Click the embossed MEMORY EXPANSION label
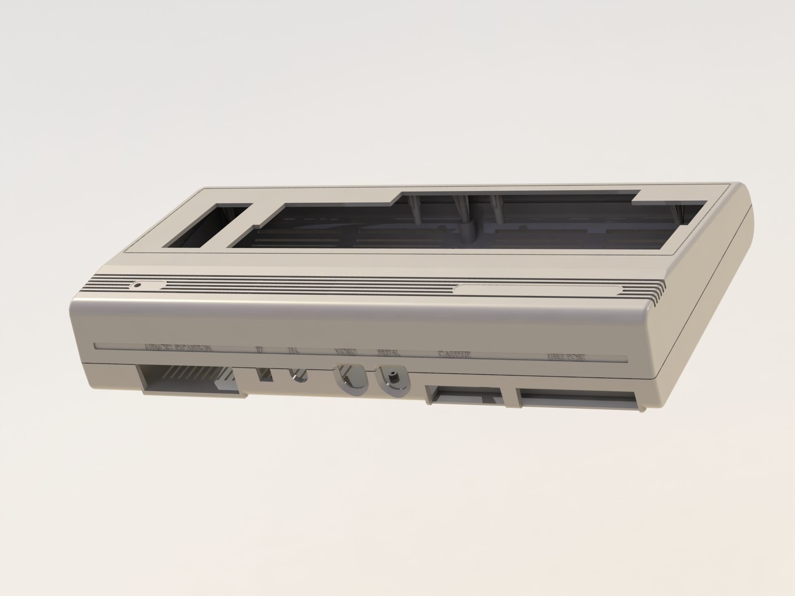pyautogui.click(x=178, y=348)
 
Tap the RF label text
pyautogui.click(x=260, y=350)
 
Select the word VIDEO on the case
pyautogui.click(x=345, y=352)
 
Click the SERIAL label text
pyautogui.click(x=388, y=353)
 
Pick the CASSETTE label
pyautogui.click(x=454, y=355)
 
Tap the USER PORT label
pyautogui.click(x=566, y=357)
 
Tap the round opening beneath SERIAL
pyautogui.click(x=392, y=380)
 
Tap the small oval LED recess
pyautogui.click(x=148, y=285)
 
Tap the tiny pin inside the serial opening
pyautogui.click(x=392, y=377)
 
